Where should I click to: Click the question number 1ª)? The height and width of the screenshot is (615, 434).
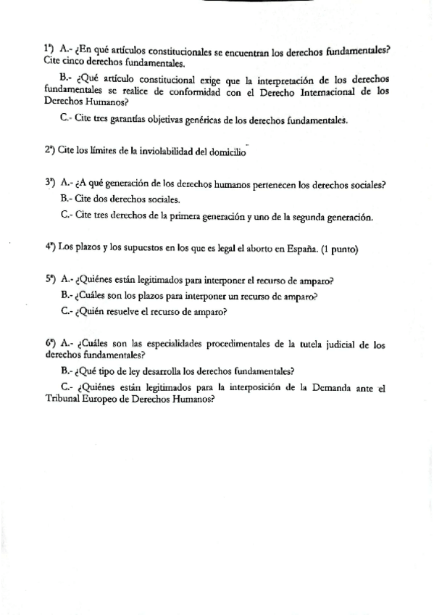point(49,49)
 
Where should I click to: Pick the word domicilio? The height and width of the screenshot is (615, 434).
point(227,151)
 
